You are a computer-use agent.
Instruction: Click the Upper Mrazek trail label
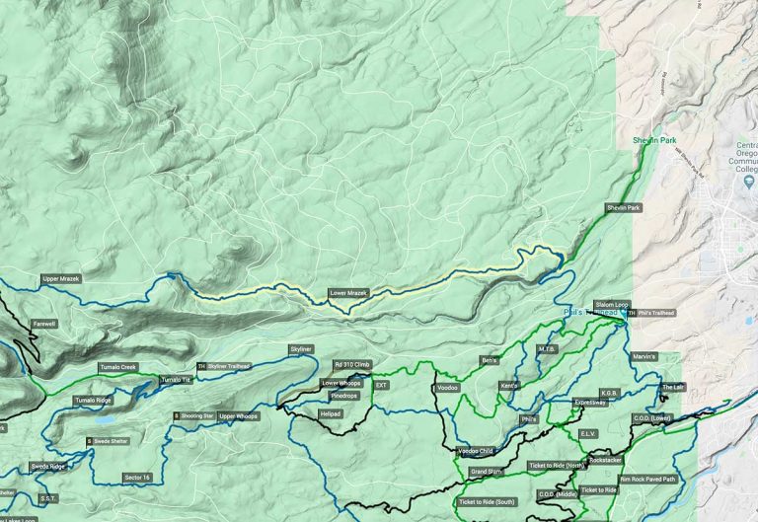(61, 279)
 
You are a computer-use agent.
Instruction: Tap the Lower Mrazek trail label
(349, 294)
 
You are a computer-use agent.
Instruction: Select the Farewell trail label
(45, 323)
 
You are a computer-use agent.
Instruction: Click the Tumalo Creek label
(117, 367)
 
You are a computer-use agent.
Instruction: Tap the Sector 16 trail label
(137, 477)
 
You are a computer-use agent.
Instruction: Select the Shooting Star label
(195, 416)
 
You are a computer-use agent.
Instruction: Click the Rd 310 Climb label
(352, 365)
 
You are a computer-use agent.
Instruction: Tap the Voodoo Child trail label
(476, 451)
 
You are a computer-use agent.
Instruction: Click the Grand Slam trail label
(487, 472)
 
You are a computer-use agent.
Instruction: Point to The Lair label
(672, 387)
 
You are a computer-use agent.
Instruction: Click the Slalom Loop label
(611, 305)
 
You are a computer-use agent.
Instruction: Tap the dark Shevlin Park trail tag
(624, 208)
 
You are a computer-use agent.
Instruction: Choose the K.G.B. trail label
(609, 393)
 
